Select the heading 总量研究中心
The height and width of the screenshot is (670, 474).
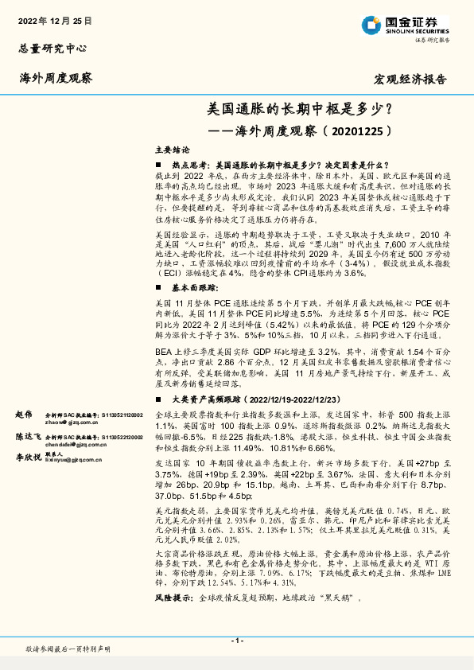click(x=52, y=48)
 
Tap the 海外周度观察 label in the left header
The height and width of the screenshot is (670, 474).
click(x=56, y=78)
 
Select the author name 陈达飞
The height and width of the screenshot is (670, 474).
click(x=27, y=438)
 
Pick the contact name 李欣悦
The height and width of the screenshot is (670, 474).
click(x=27, y=459)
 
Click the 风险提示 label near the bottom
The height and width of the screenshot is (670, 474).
click(x=174, y=597)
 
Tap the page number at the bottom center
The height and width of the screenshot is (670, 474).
click(x=237, y=641)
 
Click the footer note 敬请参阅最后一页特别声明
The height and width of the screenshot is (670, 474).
click(x=68, y=649)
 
